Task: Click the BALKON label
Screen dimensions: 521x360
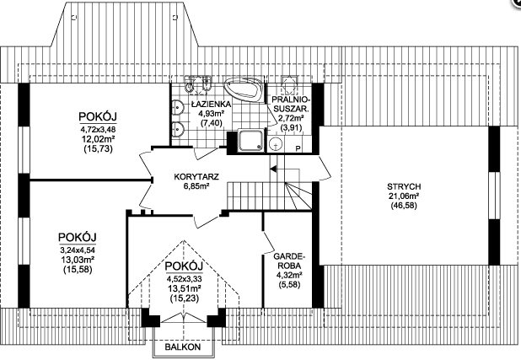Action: click(x=183, y=347)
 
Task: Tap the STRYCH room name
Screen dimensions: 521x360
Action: click(x=404, y=186)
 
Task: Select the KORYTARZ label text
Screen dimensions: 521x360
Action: click(x=196, y=176)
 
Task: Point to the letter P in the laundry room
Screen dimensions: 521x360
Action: click(x=298, y=148)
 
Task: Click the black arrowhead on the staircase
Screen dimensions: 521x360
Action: click(x=273, y=169)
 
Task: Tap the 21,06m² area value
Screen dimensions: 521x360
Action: click(x=404, y=196)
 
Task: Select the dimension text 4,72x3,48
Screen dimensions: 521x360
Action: click(x=98, y=129)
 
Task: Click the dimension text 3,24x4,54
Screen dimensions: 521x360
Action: click(x=78, y=250)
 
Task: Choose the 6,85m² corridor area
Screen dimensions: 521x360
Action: click(x=196, y=186)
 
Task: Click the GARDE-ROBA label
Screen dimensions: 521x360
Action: click(x=288, y=261)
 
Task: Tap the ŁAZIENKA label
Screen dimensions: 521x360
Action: click(x=211, y=105)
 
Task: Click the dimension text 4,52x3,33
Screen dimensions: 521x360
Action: click(x=185, y=278)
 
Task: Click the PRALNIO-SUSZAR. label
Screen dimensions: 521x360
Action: click(x=291, y=104)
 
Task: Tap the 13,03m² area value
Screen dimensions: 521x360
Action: click(x=78, y=260)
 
